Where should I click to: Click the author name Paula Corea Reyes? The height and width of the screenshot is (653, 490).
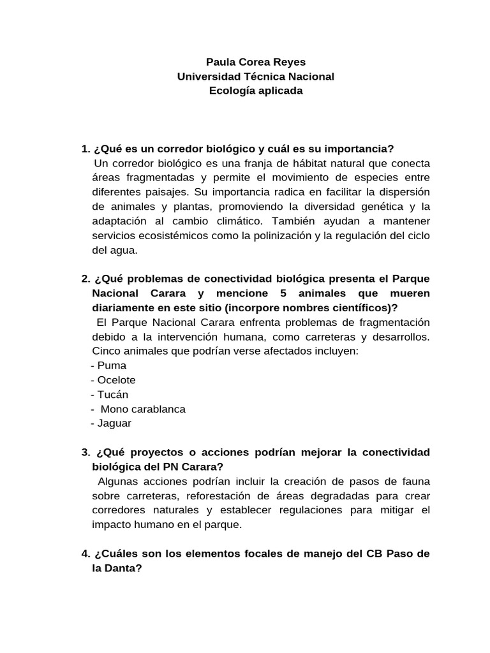pyautogui.click(x=255, y=62)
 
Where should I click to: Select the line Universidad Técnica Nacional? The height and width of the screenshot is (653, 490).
pyautogui.click(x=255, y=77)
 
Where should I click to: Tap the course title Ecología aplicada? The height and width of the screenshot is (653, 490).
pyautogui.click(x=255, y=91)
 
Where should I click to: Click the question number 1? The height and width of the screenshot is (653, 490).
pyautogui.click(x=85, y=149)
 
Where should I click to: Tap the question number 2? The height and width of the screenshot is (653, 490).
pyautogui.click(x=85, y=279)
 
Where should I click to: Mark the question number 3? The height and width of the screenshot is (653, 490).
pyautogui.click(x=85, y=452)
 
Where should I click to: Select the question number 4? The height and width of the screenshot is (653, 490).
pyautogui.click(x=85, y=554)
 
